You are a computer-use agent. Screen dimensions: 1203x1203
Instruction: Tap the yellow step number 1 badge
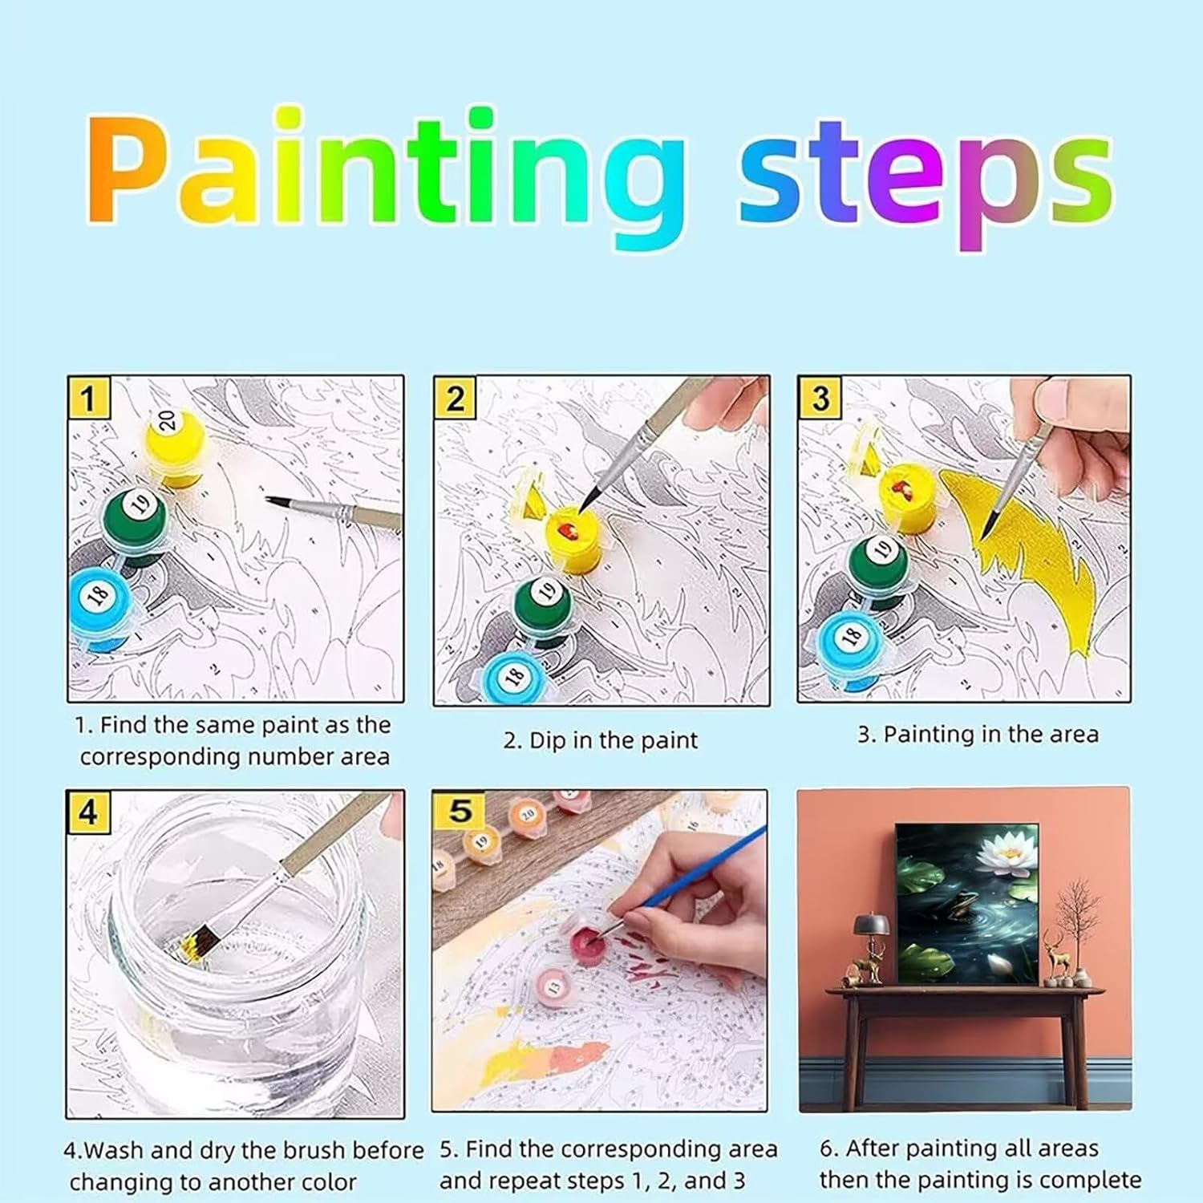(x=89, y=397)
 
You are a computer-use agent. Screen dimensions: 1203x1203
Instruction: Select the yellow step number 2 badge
(x=455, y=397)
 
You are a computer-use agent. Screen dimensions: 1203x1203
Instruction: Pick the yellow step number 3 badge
(x=819, y=397)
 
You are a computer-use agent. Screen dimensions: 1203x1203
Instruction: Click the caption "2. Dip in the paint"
(x=601, y=740)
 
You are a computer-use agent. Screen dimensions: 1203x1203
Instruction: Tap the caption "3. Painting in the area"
(x=978, y=735)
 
